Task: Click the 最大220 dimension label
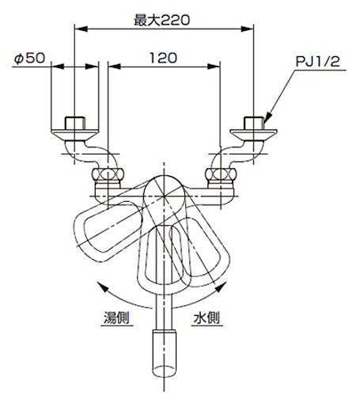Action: coord(162,21)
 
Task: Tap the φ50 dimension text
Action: coord(29,58)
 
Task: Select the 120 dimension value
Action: coord(163,58)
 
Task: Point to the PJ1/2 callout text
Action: coord(317,62)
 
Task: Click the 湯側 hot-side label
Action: coord(116,318)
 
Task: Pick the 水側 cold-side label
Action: coord(207,318)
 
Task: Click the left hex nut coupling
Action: coord(108,174)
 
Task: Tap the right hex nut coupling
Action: coord(221,174)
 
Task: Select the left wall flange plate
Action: coord(75,135)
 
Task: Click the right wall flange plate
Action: coord(253,135)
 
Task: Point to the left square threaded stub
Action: coord(75,123)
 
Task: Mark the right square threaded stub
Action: coord(254,123)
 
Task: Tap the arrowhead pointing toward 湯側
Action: coord(102,287)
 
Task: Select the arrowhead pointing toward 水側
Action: coord(222,287)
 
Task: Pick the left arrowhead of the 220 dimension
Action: coord(81,29)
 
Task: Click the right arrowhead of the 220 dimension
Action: coord(248,29)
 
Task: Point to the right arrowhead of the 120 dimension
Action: coord(214,67)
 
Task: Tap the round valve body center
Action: coord(164,196)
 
